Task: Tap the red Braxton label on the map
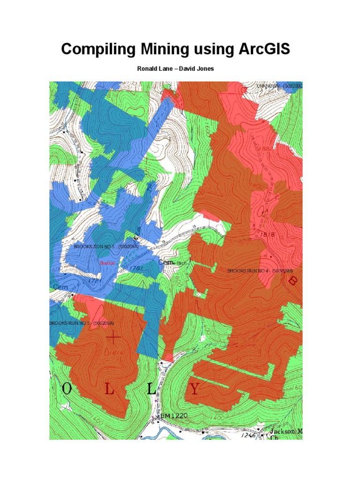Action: tap(107, 263)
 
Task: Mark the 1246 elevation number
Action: tap(249, 435)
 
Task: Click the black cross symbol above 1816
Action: tap(113, 337)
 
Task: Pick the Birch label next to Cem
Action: tap(181, 263)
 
